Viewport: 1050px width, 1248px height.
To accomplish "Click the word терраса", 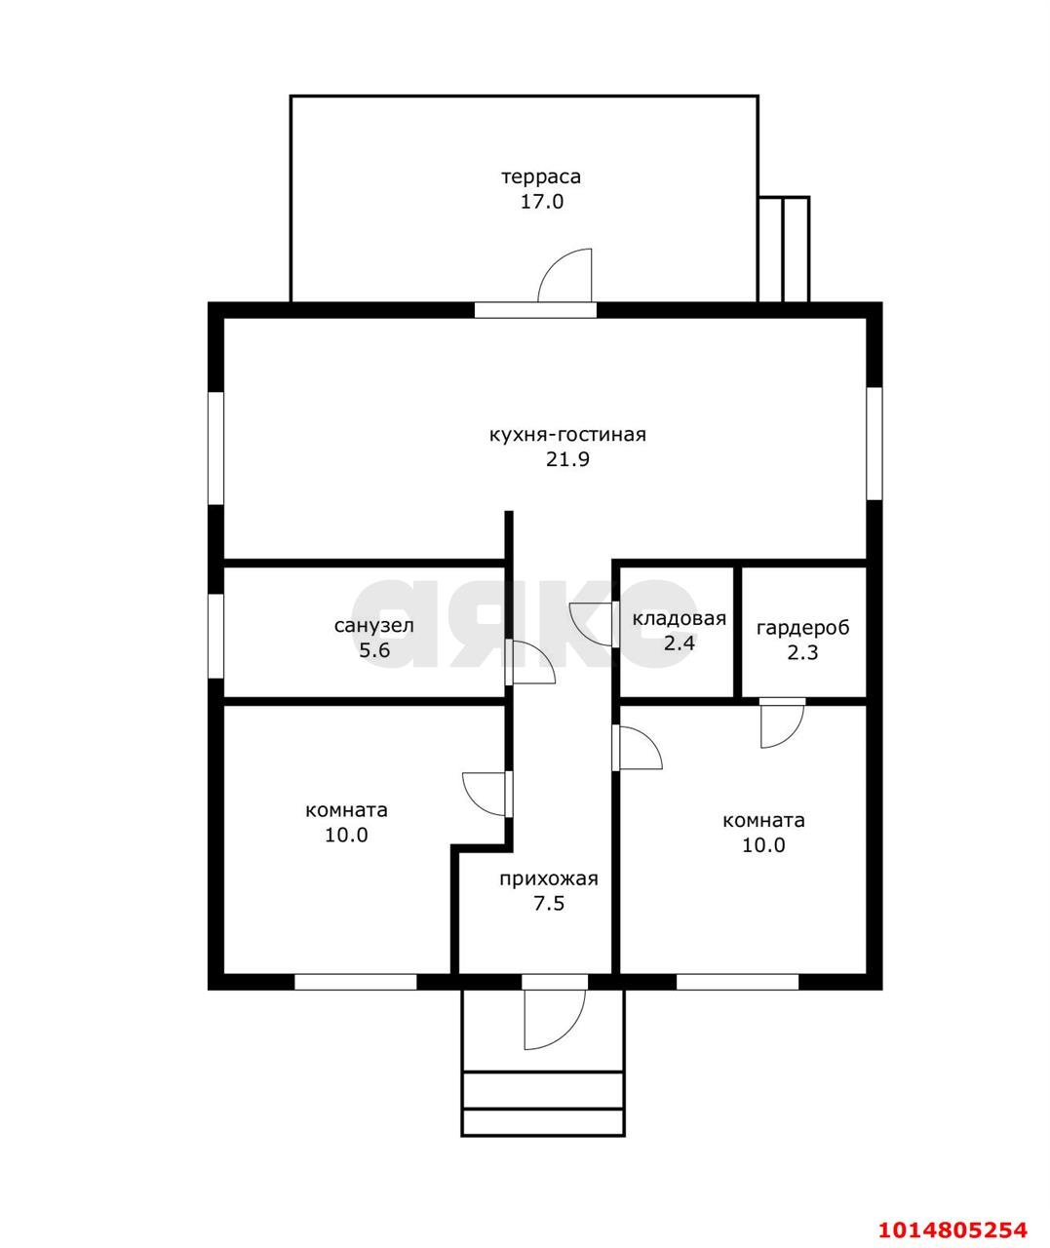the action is click(x=541, y=177).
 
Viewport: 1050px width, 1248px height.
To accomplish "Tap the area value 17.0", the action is click(x=542, y=202).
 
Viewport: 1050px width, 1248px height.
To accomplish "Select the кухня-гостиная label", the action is click(x=567, y=435).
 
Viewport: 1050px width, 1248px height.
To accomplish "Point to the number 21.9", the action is click(x=567, y=459).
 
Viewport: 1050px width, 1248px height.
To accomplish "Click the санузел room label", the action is click(x=374, y=626).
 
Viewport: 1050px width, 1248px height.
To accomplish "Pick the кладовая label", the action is click(x=680, y=618).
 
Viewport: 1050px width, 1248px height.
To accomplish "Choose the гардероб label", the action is click(x=802, y=628).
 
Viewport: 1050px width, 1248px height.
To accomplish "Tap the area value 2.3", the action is click(x=802, y=652).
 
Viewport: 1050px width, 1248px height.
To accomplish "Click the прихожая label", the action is click(x=549, y=879).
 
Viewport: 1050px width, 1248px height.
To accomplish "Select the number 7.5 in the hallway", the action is click(x=549, y=904).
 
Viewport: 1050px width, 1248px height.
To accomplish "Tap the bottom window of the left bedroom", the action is click(x=356, y=982).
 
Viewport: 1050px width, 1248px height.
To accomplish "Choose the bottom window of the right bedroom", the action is click(x=737, y=982).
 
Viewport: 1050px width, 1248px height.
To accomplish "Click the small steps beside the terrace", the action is click(x=784, y=250).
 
